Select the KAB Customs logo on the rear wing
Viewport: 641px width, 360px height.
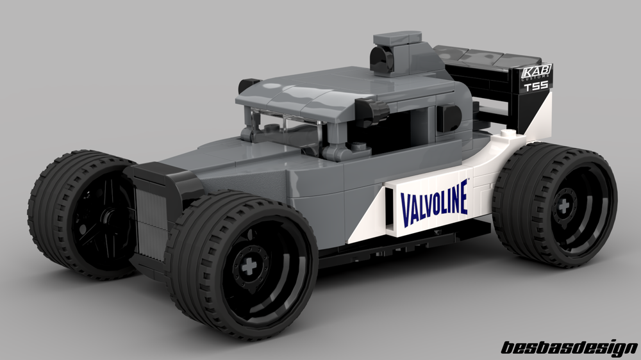[537, 73]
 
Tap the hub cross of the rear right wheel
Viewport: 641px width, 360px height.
[563, 207]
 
